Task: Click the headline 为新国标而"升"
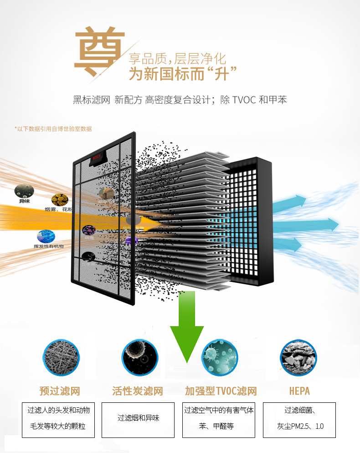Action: [184, 74]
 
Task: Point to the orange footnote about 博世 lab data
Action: [53, 129]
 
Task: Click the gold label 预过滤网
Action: [60, 391]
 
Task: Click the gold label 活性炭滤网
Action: [138, 391]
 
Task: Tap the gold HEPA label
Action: [299, 391]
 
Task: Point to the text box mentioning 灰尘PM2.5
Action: [300, 419]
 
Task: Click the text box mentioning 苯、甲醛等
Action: [219, 419]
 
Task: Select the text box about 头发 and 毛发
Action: [59, 419]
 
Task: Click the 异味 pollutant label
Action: [24, 201]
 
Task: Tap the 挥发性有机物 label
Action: [49, 246]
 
